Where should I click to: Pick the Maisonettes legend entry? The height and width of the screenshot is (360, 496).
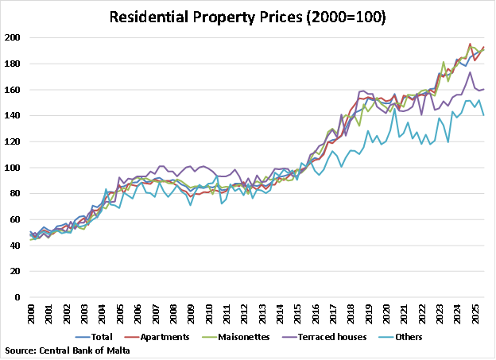[241, 336]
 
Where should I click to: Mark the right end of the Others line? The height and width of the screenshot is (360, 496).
[484, 115]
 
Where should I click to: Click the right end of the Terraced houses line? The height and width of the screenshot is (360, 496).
[484, 89]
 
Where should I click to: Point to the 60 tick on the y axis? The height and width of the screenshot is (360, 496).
[16, 219]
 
